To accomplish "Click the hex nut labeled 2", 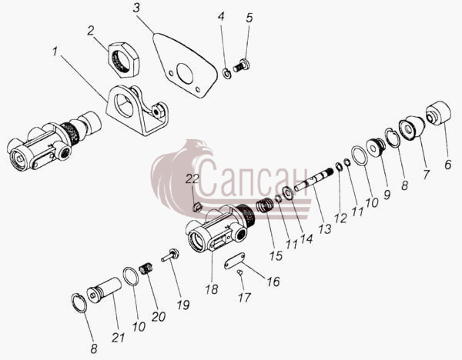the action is click(x=123, y=60).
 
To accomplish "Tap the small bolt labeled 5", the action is click(x=242, y=65).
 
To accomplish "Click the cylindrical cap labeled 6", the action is click(x=438, y=114).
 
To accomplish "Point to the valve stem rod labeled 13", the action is click(x=313, y=180).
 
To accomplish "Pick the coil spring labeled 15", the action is click(x=264, y=205).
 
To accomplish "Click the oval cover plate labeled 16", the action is click(x=234, y=261).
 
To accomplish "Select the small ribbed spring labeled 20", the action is click(x=146, y=268).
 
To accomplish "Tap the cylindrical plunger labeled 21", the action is click(x=104, y=290).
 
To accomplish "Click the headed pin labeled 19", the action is click(x=170, y=255).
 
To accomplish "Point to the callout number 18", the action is click(x=212, y=289).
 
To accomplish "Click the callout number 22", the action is click(x=192, y=179).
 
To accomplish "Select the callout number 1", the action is click(x=55, y=52).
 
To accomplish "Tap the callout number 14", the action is click(x=306, y=238).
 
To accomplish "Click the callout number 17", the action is click(x=244, y=298).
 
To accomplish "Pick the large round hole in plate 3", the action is click(x=185, y=73).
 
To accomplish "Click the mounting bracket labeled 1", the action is click(x=137, y=110).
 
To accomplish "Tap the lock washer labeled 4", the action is click(x=226, y=74).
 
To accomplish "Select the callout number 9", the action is click(x=387, y=195).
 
